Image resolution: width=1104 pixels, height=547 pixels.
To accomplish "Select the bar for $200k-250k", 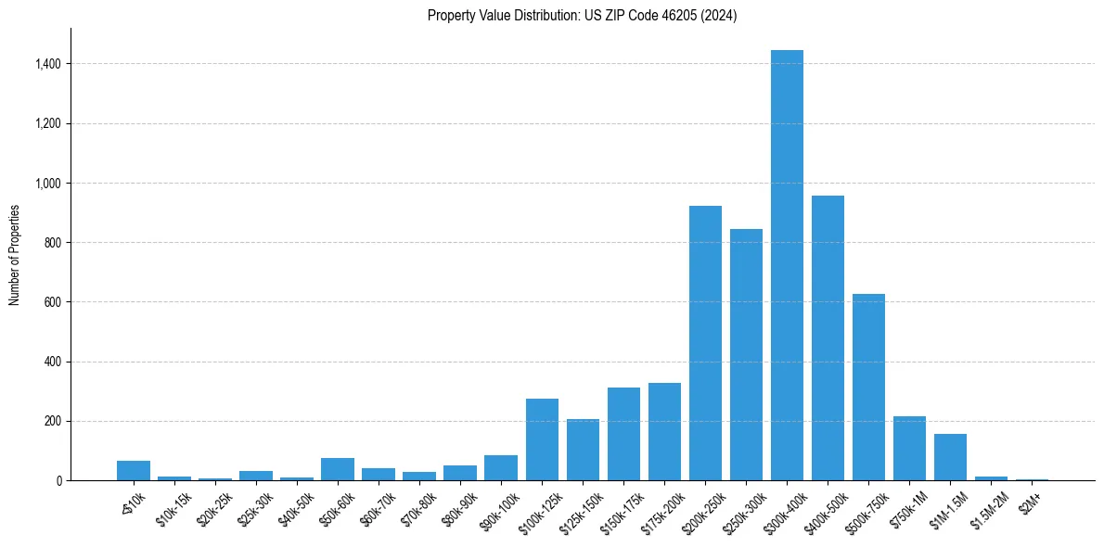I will click(x=705, y=343).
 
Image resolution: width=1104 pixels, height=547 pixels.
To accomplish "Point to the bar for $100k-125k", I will click(x=542, y=439).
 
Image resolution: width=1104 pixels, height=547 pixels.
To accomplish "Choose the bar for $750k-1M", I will click(x=909, y=449).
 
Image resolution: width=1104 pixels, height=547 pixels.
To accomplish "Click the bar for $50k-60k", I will click(x=338, y=469).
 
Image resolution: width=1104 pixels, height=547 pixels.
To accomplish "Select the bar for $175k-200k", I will click(x=664, y=432).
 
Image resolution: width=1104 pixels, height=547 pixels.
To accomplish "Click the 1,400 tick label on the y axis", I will click(x=48, y=64).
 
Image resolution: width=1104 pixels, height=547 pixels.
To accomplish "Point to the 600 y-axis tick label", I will click(x=54, y=302).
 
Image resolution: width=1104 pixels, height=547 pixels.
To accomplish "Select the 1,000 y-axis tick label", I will click(x=48, y=184).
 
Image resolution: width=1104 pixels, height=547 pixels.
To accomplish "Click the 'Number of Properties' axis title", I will click(x=15, y=255).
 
